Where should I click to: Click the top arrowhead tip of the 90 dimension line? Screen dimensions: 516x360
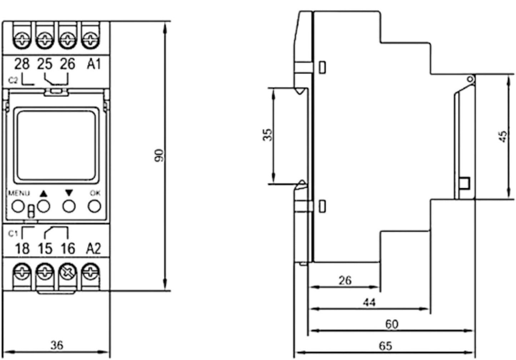(165, 22)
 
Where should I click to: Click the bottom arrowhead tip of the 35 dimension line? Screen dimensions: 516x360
(274, 184)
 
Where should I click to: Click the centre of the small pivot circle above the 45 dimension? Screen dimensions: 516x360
(470, 79)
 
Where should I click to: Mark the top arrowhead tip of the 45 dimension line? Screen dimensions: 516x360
(508, 75)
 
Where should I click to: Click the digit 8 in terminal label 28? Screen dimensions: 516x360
(26, 64)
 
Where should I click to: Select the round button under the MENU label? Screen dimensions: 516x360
(18, 206)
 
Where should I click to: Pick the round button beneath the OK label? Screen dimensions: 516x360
(94, 206)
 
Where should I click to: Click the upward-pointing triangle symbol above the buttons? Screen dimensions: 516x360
(43, 194)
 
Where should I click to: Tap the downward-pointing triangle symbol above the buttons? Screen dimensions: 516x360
(69, 193)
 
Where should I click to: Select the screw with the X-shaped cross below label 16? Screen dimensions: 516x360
(68, 272)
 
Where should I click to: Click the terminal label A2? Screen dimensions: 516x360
(94, 249)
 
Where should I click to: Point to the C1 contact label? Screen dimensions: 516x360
(13, 234)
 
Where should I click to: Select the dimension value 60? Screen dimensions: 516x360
(392, 324)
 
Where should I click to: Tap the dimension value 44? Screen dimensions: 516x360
(369, 302)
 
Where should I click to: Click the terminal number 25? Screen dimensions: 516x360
(45, 64)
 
